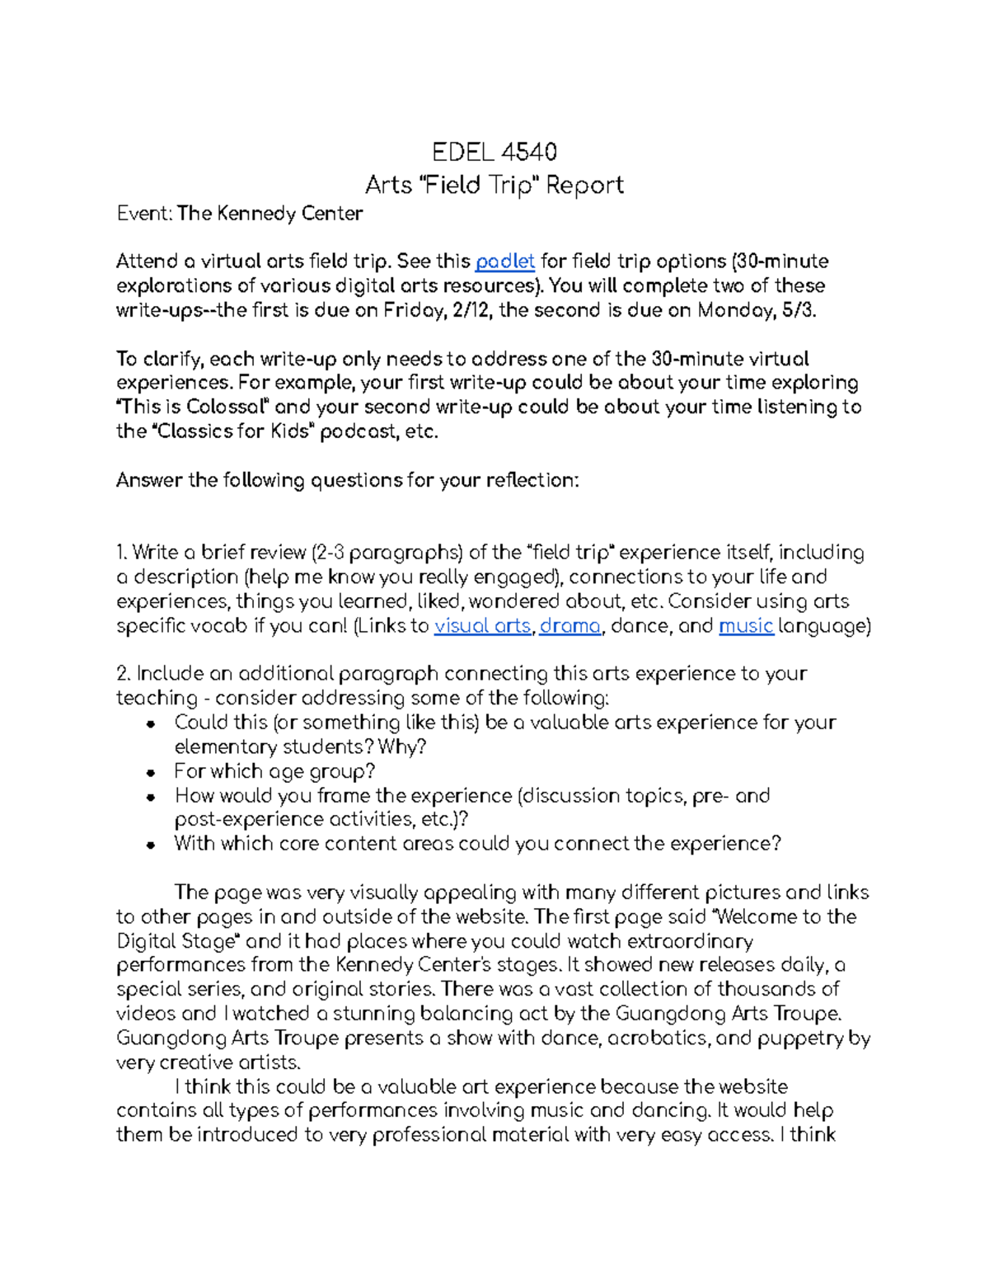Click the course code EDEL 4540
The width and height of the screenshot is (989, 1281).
[494, 153]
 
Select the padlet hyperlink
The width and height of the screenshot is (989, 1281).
[505, 261]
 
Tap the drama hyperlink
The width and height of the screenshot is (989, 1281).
[569, 626]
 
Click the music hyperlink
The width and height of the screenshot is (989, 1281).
[746, 626]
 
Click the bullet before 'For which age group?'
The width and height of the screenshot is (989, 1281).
[150, 773]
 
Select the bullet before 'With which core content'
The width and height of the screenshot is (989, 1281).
[150, 845]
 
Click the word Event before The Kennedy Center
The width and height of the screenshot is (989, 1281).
[143, 214]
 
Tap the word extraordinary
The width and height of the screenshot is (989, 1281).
[690, 941]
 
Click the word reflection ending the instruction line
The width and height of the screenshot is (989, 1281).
[532, 480]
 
